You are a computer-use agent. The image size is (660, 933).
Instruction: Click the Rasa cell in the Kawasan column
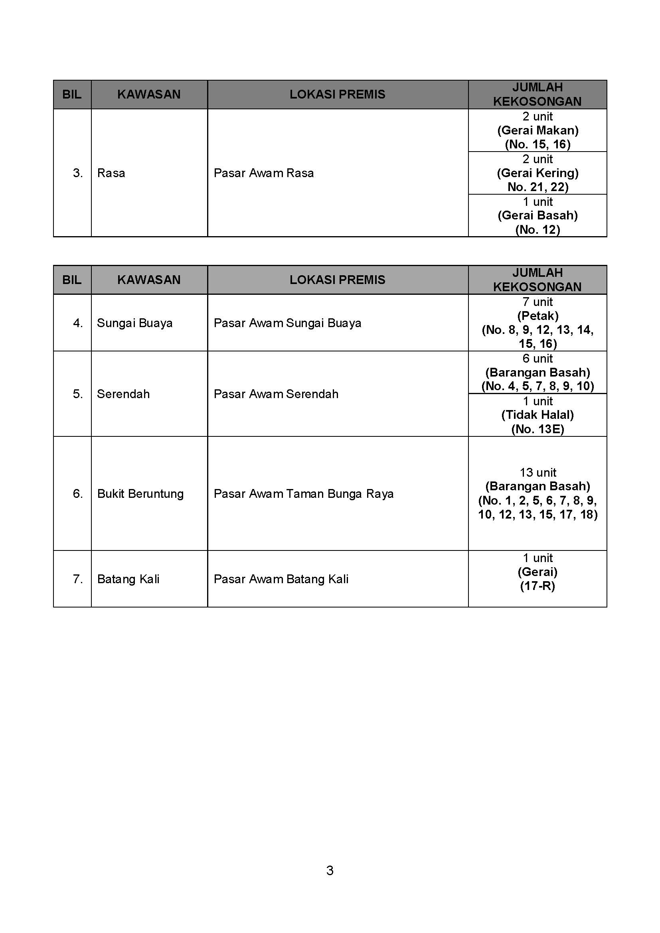(111, 173)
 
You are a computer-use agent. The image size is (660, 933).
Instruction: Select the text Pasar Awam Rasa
(263, 173)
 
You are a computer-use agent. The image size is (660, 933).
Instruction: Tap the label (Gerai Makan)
(537, 130)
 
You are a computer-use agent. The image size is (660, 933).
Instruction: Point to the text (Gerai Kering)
(537, 173)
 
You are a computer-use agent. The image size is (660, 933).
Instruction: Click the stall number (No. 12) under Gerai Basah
(537, 230)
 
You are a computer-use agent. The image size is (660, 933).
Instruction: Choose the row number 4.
(78, 323)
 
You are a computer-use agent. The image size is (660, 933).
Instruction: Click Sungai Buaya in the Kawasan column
(134, 323)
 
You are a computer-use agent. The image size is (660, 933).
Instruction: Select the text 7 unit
(537, 302)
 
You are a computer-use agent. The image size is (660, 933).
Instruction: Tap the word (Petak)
(537, 316)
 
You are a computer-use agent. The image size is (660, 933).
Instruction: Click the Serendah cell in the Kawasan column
(123, 394)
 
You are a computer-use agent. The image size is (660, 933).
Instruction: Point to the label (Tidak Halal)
(537, 415)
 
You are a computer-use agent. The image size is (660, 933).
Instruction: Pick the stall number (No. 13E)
(537, 429)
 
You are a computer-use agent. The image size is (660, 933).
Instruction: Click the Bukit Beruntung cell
(140, 494)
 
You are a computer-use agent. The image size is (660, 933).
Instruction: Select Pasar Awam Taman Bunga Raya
(303, 494)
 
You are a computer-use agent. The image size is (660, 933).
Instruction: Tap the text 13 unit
(537, 473)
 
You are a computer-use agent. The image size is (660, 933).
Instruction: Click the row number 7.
(78, 579)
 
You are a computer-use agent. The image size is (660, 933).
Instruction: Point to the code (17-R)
(537, 586)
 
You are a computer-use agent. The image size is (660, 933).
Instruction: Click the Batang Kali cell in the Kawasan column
(128, 579)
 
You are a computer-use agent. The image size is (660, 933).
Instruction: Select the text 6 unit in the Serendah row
(537, 359)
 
